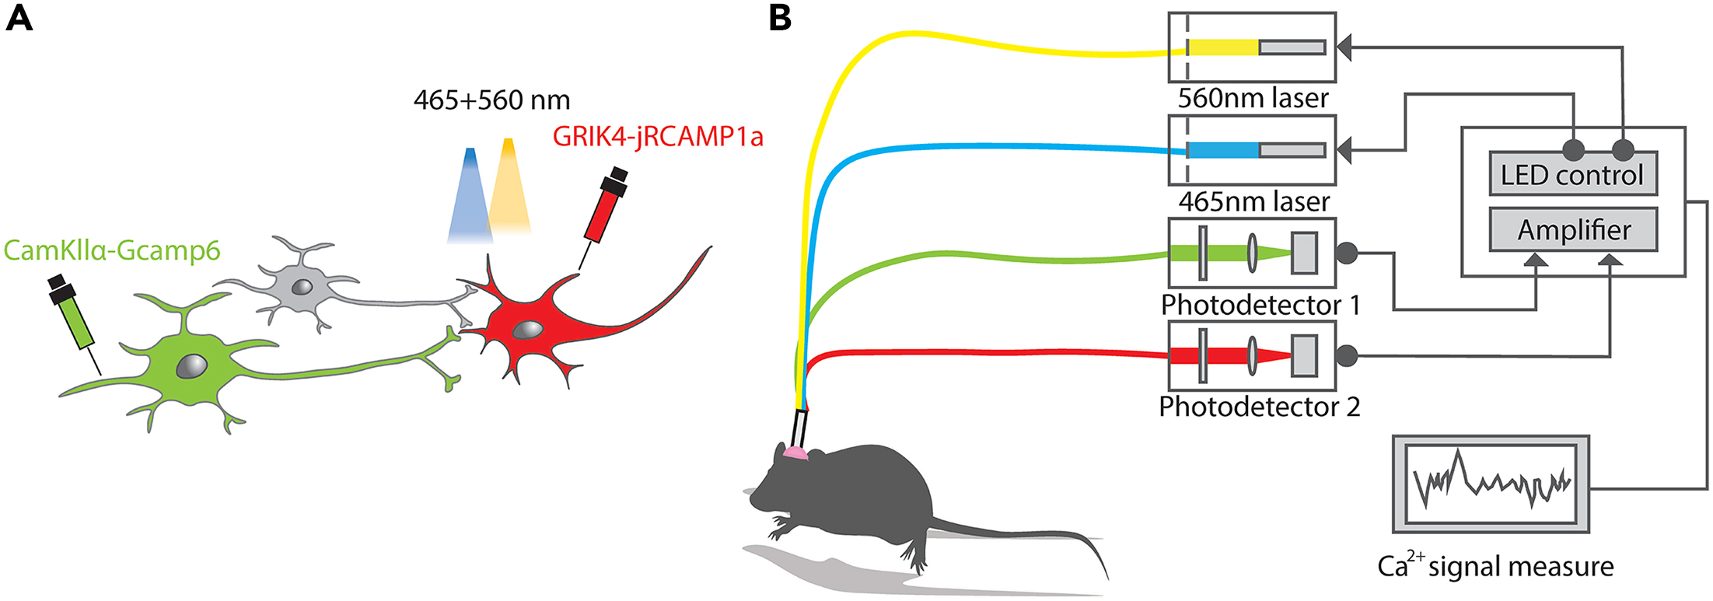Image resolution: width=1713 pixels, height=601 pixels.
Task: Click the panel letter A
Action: pos(19,17)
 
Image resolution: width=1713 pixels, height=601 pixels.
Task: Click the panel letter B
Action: pos(779,17)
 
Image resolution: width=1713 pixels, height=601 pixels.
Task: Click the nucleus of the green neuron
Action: pos(191,365)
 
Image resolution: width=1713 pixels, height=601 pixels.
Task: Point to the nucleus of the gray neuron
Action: pos(302,287)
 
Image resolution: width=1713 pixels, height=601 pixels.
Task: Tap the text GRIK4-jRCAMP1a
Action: pos(658,137)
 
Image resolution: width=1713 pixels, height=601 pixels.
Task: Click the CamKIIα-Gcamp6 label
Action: pos(112,250)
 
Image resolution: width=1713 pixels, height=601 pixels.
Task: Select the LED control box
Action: pos(1572,174)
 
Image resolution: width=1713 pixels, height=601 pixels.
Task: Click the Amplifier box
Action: pos(1572,230)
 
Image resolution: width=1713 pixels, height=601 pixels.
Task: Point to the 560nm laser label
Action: pos(1253,98)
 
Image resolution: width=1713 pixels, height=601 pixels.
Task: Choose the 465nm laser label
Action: pos(1253,201)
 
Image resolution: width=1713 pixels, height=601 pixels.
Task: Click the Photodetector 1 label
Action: pos(1260,305)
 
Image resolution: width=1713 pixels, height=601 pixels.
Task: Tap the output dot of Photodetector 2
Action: pos(1347,356)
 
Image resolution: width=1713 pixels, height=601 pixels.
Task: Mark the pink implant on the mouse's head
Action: pos(795,452)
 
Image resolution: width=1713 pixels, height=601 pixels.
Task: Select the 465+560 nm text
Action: pos(491,100)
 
